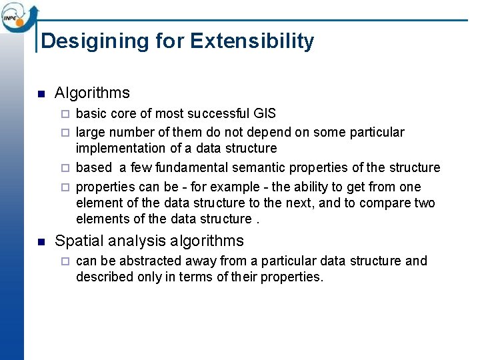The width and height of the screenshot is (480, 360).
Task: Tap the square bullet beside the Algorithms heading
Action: coord(41,93)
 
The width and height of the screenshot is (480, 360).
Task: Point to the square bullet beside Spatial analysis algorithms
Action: coord(41,241)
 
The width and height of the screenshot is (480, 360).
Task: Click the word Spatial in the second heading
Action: coord(77,241)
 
